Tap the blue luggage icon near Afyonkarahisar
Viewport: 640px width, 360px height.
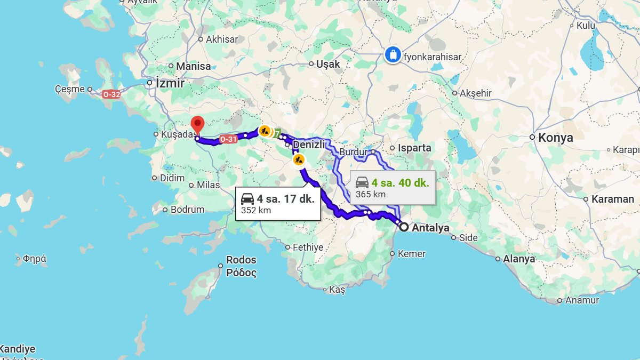tap(393, 54)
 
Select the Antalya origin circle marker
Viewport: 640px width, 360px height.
tap(404, 227)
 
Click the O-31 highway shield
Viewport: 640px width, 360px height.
tap(228, 139)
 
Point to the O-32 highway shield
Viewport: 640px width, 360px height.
tap(111, 94)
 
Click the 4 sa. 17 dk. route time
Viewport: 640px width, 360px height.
tap(285, 199)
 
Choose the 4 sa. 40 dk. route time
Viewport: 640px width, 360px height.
tap(400, 183)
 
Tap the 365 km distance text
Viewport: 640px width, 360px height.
tap(370, 194)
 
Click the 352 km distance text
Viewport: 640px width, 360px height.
tap(256, 210)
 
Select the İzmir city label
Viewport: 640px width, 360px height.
tap(170, 83)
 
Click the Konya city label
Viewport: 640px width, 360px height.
tap(555, 138)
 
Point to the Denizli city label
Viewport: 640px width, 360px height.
tap(309, 145)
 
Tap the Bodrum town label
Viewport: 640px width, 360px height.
tap(187, 210)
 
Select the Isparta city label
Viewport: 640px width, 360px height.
tap(414, 148)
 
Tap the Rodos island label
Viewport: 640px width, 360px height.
tap(241, 260)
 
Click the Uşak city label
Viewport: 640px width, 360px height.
tap(328, 64)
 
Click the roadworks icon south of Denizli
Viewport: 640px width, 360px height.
tap(299, 159)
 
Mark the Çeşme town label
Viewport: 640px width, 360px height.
tap(70, 89)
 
